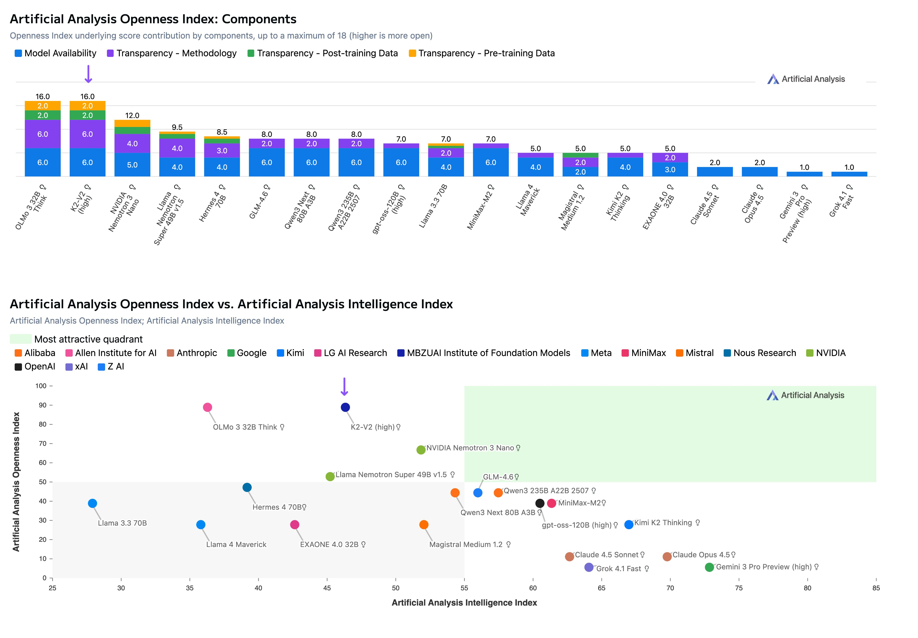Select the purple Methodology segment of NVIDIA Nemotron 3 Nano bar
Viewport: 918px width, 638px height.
point(132,144)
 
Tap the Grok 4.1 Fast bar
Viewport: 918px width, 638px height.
point(849,174)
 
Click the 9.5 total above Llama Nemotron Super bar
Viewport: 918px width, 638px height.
point(177,127)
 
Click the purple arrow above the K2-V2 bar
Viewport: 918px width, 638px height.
point(88,74)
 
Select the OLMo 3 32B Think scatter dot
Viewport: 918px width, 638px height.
point(207,407)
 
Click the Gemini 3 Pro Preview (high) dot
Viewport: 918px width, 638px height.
point(709,567)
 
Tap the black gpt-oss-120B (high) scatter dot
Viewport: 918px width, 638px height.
point(539,503)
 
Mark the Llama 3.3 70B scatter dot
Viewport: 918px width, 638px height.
point(92,503)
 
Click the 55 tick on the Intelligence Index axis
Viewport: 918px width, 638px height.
point(464,588)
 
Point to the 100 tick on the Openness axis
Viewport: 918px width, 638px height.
point(41,386)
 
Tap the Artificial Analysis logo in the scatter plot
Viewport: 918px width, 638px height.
point(805,395)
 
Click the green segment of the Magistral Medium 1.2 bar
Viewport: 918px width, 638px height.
point(580,155)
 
